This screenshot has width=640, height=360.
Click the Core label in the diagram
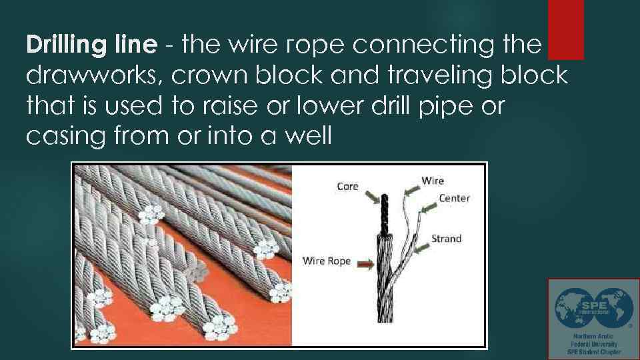coord(347,187)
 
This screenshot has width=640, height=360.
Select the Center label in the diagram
coord(454,198)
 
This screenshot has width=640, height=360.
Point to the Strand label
coord(446,239)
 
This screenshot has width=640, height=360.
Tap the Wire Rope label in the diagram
coord(327,261)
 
